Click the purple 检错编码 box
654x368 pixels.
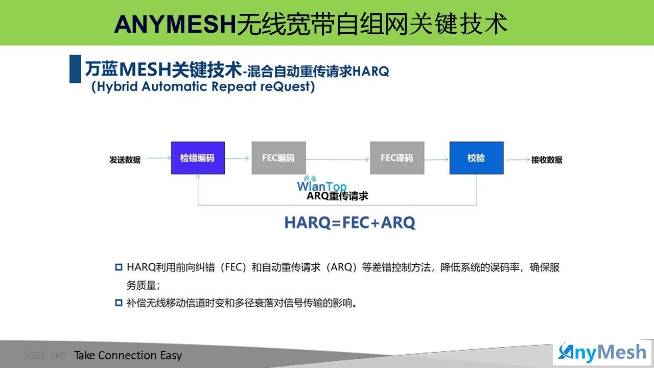[x=198, y=158]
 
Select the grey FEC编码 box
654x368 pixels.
[x=279, y=158]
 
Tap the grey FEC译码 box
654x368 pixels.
[x=397, y=158]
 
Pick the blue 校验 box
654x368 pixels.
[x=477, y=158]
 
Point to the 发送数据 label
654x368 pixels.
[x=125, y=160]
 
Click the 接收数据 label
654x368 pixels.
[x=547, y=160]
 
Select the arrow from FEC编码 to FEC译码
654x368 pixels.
[x=338, y=159]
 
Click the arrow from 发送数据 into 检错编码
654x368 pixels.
[x=159, y=158]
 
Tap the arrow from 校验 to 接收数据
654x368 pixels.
[x=518, y=159]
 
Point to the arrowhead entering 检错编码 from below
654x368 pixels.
[x=198, y=176]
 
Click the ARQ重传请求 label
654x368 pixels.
[x=337, y=196]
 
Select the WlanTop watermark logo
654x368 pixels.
[x=322, y=184]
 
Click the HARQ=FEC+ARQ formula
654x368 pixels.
[x=350, y=222]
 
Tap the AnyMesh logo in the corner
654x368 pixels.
[x=602, y=353]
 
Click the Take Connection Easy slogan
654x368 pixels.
[x=128, y=355]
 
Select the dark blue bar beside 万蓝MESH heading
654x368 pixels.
[x=75, y=69]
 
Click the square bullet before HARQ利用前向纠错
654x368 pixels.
[x=119, y=267]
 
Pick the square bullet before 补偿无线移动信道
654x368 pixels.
[x=119, y=303]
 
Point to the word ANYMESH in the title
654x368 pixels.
[x=175, y=24]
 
